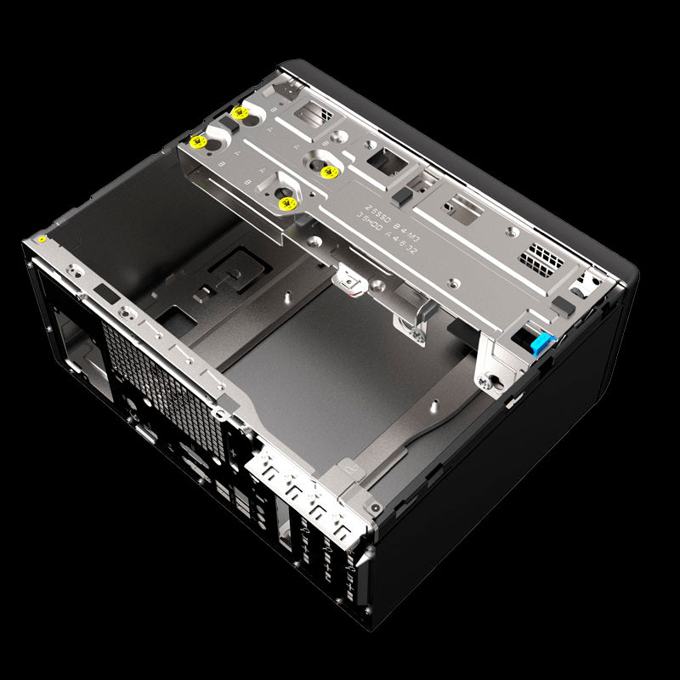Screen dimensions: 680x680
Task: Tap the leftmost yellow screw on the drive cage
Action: click(x=199, y=141)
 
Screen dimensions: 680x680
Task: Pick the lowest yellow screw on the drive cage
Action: click(x=286, y=203)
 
